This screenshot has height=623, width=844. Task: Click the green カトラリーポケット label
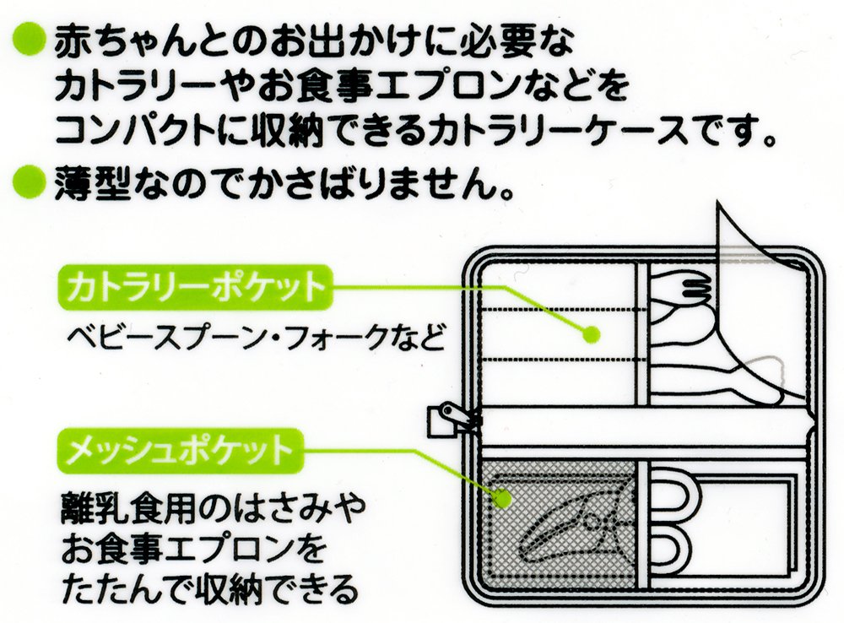196,288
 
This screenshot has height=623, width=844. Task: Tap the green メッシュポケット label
181,450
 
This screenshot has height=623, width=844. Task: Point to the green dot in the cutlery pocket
591,334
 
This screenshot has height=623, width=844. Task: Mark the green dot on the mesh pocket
502,499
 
